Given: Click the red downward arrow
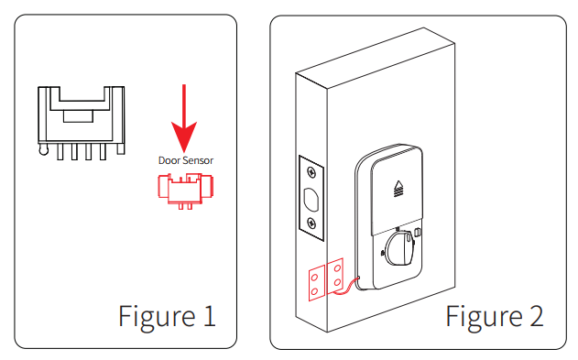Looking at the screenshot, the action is pos(184,118).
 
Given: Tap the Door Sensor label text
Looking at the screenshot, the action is pos(186,160).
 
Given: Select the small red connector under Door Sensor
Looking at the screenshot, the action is pos(185,191).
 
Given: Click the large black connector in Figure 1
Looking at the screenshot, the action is pos(82,123).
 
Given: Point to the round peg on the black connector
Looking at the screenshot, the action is pos(43,149).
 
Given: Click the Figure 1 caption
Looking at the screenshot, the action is pos(167,316).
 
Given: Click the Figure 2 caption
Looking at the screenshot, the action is pos(495,316).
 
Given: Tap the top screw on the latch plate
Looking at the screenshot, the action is pos(311,172).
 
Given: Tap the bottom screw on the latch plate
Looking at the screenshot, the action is pos(311,223).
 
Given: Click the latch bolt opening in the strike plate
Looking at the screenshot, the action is pos(311,200).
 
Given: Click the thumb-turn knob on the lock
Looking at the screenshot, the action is pos(399,248).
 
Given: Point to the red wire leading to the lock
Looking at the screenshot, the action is pos(345,287).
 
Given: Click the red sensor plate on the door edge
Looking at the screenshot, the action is pos(317,283).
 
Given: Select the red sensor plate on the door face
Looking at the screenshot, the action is pos(335,276).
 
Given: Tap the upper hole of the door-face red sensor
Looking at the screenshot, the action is pos(337,268).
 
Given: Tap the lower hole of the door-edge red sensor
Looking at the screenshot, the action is pos(314,292).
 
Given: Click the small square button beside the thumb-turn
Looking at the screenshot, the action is pos(418,232).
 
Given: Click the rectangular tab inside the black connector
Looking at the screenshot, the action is pos(78,116).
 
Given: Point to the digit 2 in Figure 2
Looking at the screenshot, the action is pos(537,316).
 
